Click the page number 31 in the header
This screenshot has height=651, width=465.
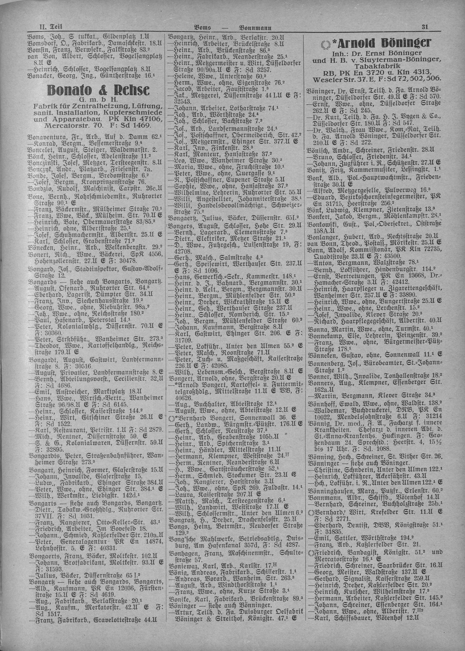(x=425, y=27)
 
